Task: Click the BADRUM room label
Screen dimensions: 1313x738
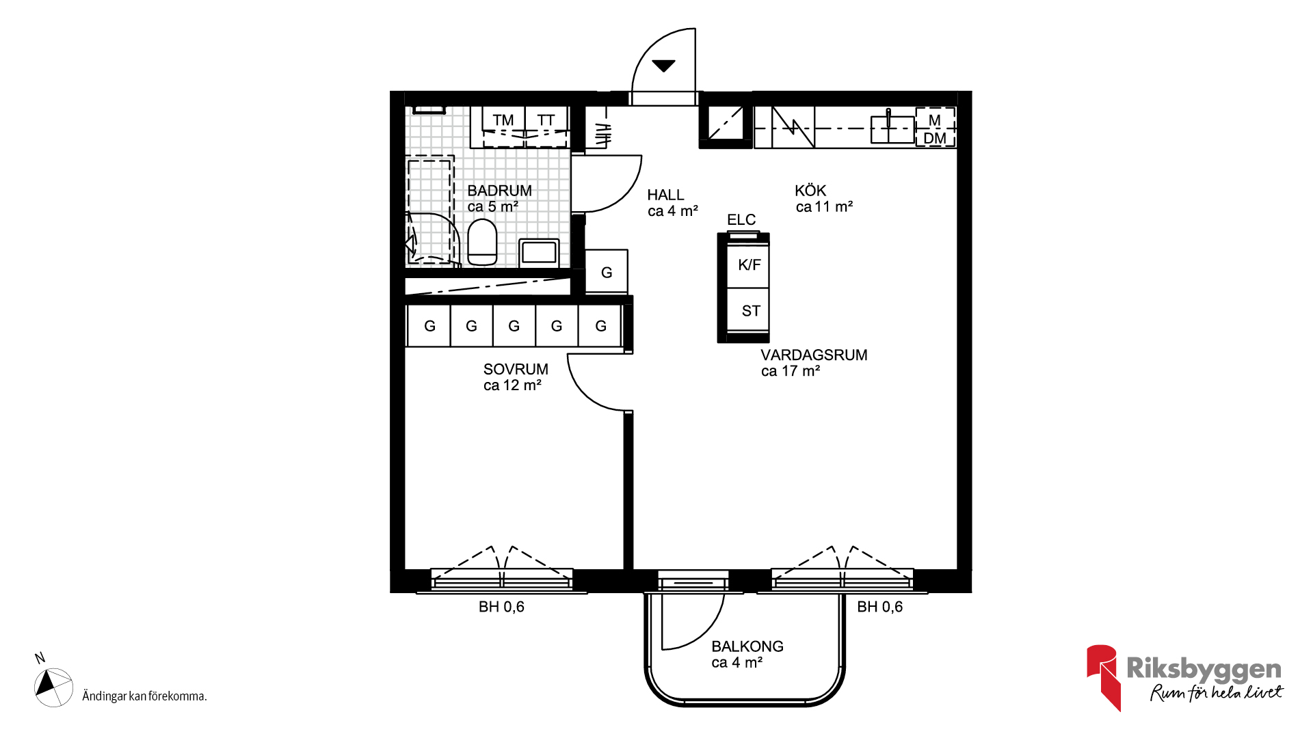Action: pyautogui.click(x=499, y=191)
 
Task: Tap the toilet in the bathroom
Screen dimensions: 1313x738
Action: pyautogui.click(x=482, y=242)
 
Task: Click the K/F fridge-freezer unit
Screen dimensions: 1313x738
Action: pyautogui.click(x=748, y=265)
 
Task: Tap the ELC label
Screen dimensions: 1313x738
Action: pyautogui.click(x=741, y=219)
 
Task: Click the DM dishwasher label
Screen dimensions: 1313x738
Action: pyautogui.click(x=935, y=139)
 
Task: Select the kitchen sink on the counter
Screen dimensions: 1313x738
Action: pyautogui.click(x=892, y=128)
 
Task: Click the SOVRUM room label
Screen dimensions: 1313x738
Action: pyautogui.click(x=516, y=369)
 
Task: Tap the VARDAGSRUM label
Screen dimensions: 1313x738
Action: pyautogui.click(x=814, y=355)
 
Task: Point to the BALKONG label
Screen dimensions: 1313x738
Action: pyautogui.click(x=747, y=646)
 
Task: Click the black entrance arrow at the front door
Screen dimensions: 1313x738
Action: pyautogui.click(x=663, y=66)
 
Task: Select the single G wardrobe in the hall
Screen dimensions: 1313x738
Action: pyautogui.click(x=607, y=272)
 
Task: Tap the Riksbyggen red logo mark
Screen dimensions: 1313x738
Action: pyautogui.click(x=1102, y=676)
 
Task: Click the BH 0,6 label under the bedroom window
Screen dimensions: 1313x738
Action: pyautogui.click(x=501, y=607)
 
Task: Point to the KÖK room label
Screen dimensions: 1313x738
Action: pyautogui.click(x=810, y=191)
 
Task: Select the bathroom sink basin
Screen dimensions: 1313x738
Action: pyautogui.click(x=539, y=252)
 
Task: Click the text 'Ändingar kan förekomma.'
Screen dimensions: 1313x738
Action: pyautogui.click(x=144, y=696)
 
